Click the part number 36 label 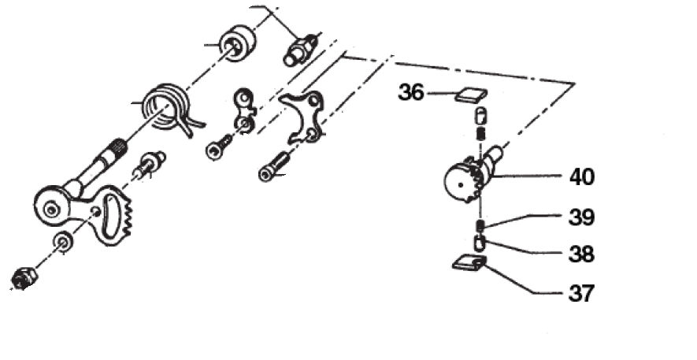tap(411, 93)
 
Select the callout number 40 tap(581, 177)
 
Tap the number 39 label tap(581, 217)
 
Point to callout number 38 tap(581, 254)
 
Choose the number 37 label tap(581, 293)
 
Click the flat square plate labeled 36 tap(471, 95)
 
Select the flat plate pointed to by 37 tap(469, 264)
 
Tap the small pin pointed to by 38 tap(479, 243)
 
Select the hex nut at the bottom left tap(23, 279)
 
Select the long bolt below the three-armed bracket tap(274, 167)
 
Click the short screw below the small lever tap(219, 147)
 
